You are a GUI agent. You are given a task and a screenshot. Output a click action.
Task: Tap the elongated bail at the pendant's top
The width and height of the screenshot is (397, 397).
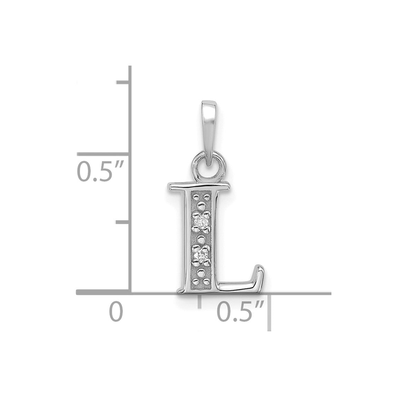tap(209, 133)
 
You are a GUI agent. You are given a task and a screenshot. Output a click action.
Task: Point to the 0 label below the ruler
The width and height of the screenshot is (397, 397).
tap(116, 312)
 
